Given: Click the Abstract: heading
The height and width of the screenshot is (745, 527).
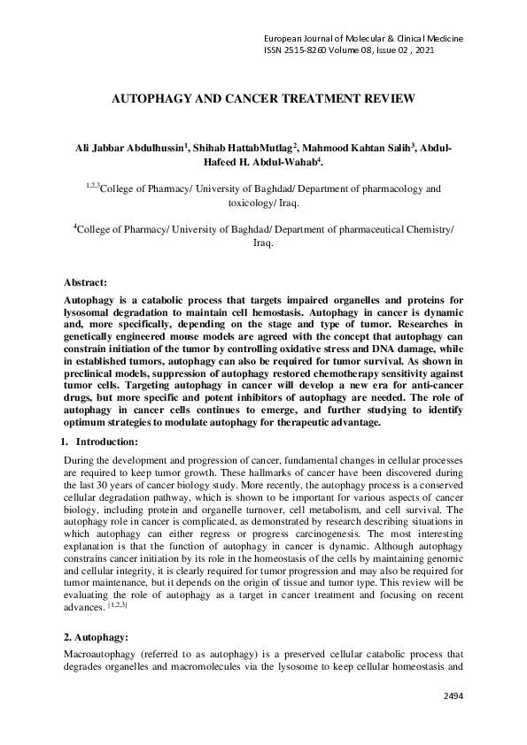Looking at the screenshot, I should coord(86,282).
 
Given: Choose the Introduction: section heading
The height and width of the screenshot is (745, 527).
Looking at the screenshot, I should coord(106,441).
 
